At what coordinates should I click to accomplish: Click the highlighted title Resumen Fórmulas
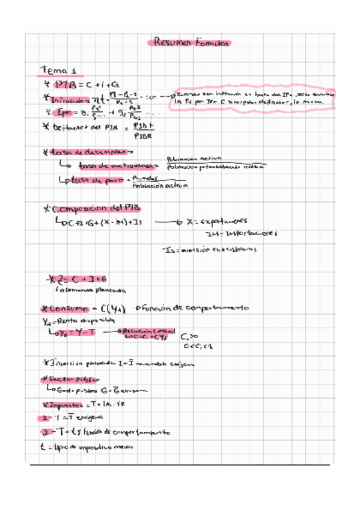(188, 43)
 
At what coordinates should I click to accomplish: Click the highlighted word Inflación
(68, 99)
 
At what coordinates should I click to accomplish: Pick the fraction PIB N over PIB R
(144, 131)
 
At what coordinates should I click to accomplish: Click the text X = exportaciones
(218, 221)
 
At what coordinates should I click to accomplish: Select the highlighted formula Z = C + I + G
(78, 278)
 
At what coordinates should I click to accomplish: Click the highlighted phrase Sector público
(69, 380)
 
